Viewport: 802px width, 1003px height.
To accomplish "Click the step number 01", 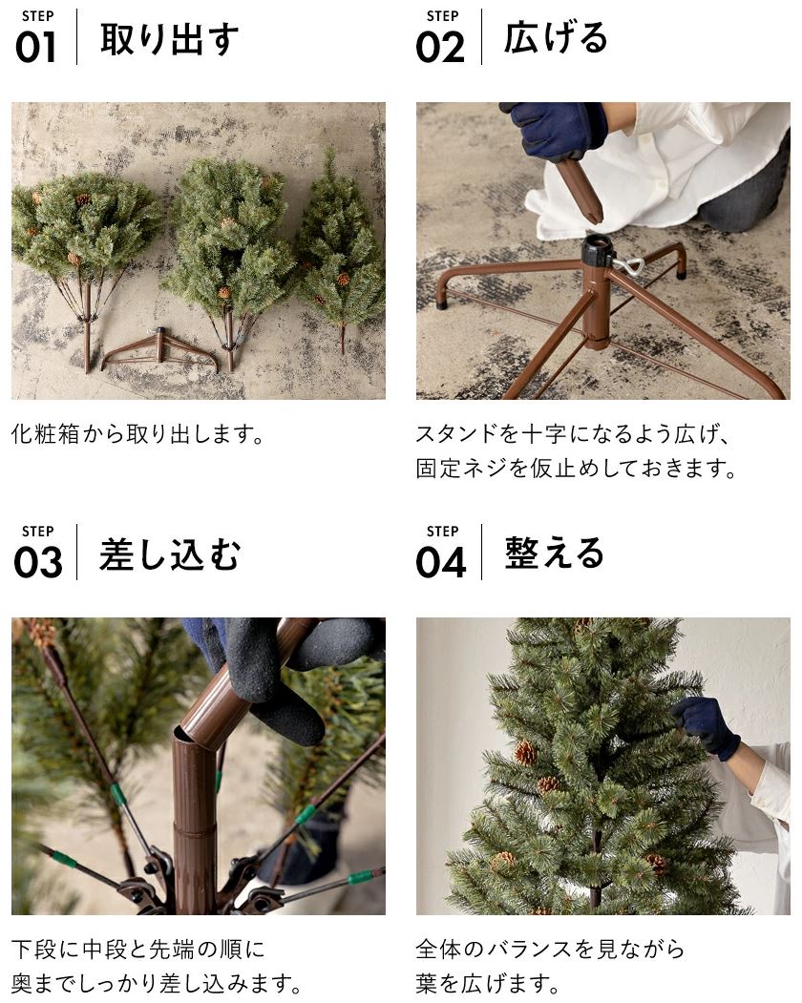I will click(36, 47).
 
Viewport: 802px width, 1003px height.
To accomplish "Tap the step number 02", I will click(439, 47).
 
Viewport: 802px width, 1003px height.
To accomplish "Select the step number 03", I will click(37, 562).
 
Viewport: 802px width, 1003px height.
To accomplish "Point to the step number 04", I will click(440, 562).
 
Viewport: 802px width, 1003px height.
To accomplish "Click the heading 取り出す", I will click(169, 39).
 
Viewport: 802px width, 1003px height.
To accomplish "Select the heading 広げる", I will click(556, 39).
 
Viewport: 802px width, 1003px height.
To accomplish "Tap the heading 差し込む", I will click(169, 554).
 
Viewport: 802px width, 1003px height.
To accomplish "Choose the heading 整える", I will click(556, 554).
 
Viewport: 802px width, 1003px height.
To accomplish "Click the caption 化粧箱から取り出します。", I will click(137, 435).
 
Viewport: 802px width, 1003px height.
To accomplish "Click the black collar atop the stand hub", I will click(597, 251).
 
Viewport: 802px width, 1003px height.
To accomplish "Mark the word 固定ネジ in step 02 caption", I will click(473, 470).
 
